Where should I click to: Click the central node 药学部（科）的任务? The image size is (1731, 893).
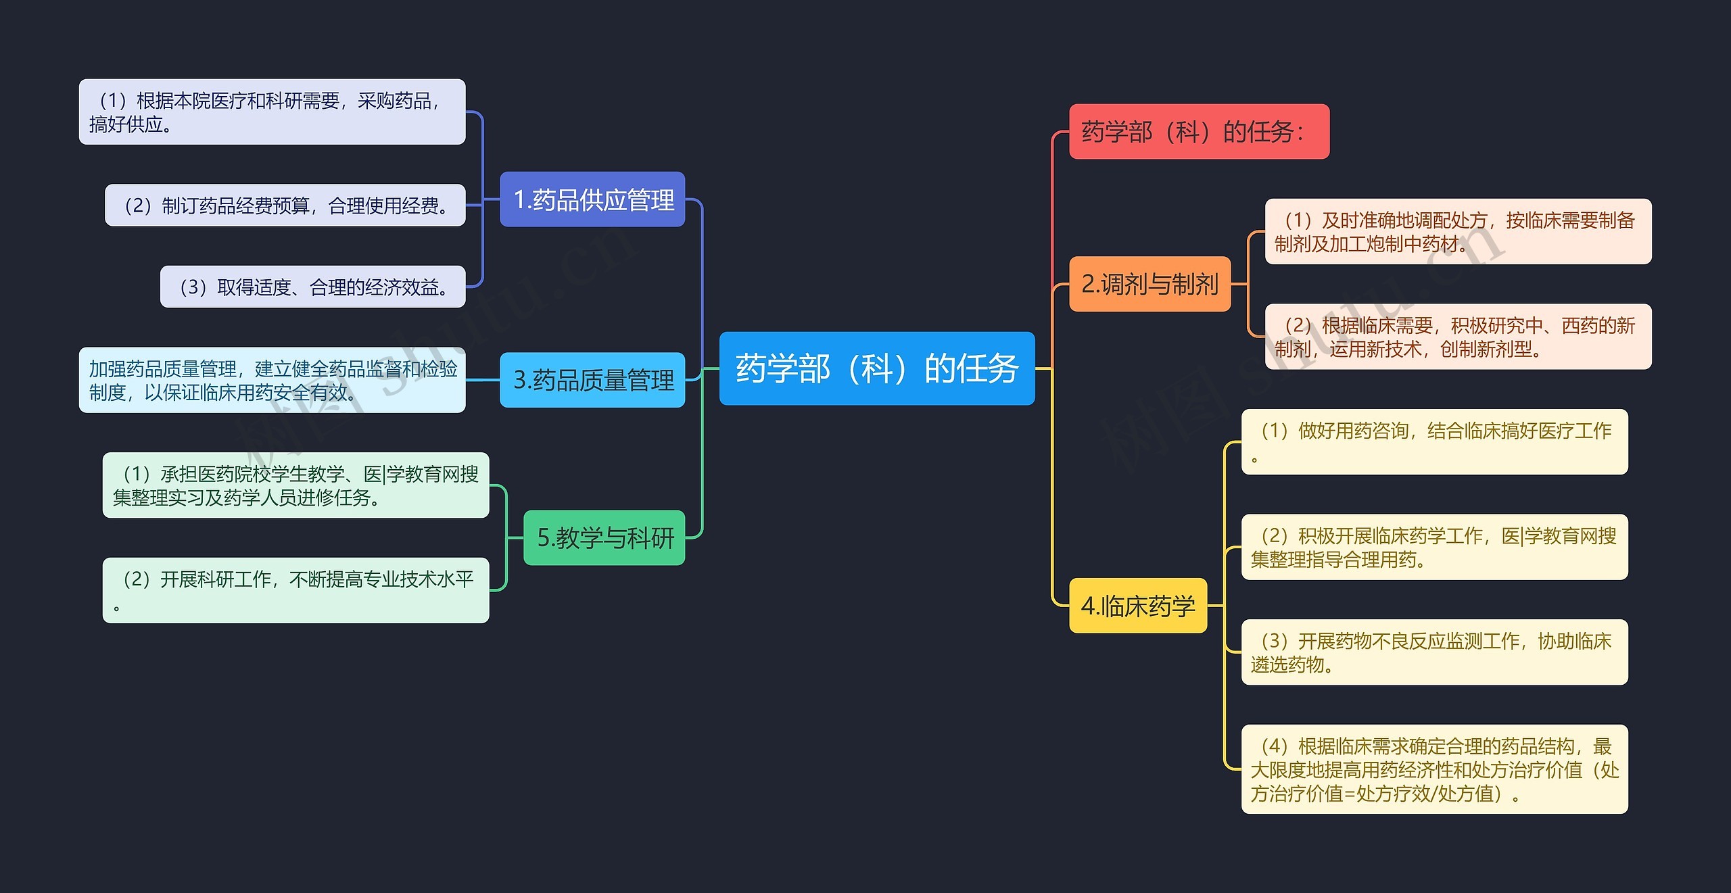coord(877,368)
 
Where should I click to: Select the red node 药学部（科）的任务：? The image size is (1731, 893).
coord(1199,132)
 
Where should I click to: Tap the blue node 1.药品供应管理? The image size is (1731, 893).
coord(592,199)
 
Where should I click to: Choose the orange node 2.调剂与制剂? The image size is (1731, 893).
coord(1149,284)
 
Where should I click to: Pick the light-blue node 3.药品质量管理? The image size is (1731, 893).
coord(592,380)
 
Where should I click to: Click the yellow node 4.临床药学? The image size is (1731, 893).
coord(1138,606)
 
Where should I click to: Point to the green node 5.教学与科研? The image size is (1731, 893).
coord(604,537)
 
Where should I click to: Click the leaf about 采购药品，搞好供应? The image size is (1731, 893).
coord(272,112)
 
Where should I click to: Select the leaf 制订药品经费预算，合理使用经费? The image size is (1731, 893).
coord(285,205)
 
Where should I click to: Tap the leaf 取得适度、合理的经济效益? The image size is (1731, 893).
coord(313,287)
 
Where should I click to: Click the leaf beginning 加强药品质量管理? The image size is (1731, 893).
coord(272,380)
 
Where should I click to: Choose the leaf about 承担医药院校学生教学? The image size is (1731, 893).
coord(295,485)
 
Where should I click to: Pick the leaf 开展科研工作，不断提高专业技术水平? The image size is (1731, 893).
coord(295,590)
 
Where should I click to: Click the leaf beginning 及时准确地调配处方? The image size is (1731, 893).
coord(1459,231)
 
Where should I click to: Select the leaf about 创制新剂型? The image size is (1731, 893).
coord(1459,337)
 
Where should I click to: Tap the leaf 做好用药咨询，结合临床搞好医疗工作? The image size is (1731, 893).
coord(1435,442)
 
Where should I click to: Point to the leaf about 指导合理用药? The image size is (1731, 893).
coord(1435,547)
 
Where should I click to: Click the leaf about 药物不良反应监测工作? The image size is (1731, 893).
coord(1435,652)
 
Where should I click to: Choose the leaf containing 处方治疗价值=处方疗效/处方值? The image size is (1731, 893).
coord(1435,769)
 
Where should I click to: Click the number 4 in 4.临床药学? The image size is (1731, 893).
coord(1088,606)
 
